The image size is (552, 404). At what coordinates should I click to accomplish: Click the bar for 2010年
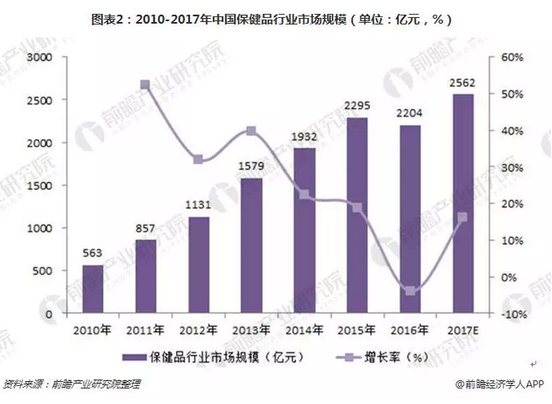[93, 289]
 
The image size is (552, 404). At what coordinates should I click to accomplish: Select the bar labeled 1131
[197, 265]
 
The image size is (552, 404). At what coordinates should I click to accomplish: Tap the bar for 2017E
[461, 204]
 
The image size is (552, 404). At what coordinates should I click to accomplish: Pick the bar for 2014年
[303, 231]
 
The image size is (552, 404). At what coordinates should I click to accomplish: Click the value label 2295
[355, 105]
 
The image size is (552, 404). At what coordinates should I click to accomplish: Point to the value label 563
[93, 252]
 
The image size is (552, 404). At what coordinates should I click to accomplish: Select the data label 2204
[409, 114]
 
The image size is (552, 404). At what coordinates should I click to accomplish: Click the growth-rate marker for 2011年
[145, 85]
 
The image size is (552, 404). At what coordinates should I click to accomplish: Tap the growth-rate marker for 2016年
[409, 291]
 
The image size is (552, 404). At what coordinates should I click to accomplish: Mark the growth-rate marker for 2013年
[251, 131]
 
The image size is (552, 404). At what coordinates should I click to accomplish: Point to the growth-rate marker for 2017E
[461, 218]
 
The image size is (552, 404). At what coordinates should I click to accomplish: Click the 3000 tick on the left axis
[39, 57]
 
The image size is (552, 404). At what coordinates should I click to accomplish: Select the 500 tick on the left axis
[43, 271]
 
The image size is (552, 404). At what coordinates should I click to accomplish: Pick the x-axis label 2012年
[197, 330]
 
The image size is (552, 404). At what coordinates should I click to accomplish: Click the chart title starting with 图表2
[275, 18]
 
